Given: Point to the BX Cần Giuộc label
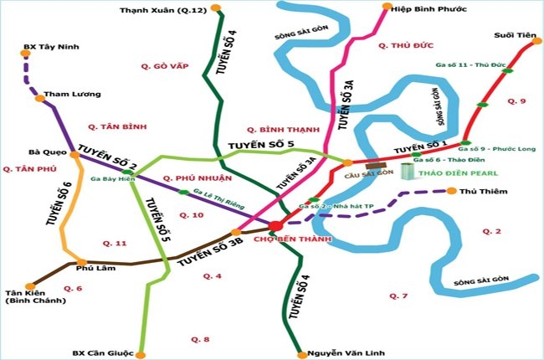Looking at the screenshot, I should click(x=100, y=352).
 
